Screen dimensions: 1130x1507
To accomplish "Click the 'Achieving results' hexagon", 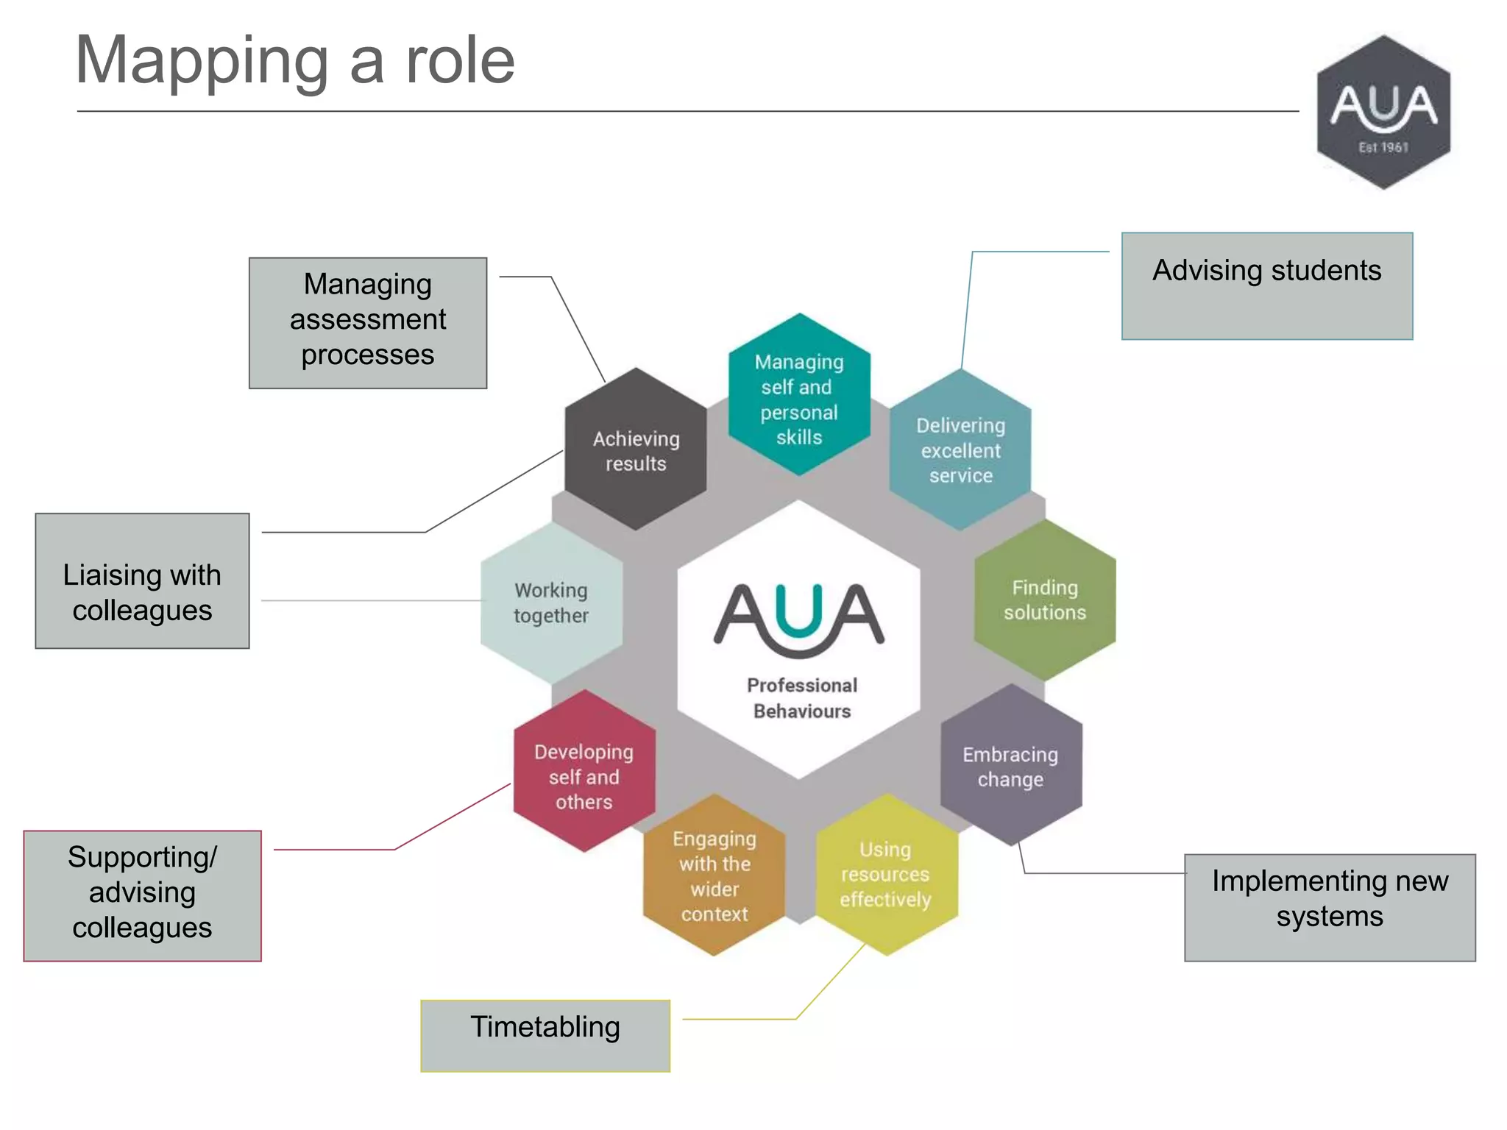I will [636, 450].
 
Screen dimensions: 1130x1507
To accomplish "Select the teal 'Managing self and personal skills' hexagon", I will [799, 397].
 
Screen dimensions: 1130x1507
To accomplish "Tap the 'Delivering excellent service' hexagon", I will [960, 450].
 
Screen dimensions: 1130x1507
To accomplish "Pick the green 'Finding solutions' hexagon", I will [1045, 600].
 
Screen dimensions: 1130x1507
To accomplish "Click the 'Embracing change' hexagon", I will [1011, 766].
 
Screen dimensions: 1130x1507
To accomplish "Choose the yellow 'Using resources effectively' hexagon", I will [886, 875].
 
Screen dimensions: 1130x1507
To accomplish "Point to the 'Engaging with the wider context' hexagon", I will [714, 875].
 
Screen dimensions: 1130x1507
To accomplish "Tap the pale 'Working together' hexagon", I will [551, 603].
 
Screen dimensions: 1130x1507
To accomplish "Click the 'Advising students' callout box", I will [1266, 286].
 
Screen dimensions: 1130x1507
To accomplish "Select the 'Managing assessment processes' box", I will [368, 322].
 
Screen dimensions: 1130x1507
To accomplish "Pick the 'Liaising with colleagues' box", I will [142, 581].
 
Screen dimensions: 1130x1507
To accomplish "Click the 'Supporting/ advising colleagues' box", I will [142, 895].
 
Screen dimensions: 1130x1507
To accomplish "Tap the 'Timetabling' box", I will [545, 1035].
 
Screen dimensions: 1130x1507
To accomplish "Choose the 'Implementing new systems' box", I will [1330, 907].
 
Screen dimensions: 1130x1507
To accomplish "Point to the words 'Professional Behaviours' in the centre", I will [801, 697].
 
